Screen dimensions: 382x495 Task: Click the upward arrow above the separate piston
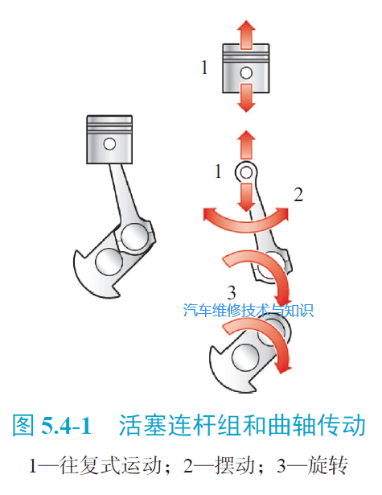tap(246, 35)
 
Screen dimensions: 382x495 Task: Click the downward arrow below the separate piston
tap(246, 98)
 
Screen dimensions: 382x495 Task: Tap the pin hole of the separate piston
tap(246, 73)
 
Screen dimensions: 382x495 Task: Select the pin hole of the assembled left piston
tap(109, 144)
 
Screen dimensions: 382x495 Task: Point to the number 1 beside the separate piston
tap(205, 68)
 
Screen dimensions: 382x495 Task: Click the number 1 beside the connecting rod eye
tap(218, 171)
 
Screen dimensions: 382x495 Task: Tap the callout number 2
tap(298, 194)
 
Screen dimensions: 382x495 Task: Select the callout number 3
tap(232, 293)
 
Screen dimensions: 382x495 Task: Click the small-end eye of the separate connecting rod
tap(246, 172)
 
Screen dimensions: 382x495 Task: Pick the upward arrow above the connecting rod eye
tap(246, 145)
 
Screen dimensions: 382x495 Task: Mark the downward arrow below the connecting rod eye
tap(246, 198)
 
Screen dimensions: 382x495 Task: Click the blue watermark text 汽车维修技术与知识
tap(249, 311)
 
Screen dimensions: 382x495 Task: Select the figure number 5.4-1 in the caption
tap(66, 425)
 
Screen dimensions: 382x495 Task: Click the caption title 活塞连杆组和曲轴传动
tap(242, 425)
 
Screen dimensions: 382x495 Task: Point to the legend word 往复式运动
tap(110, 465)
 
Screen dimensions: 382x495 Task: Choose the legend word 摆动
tap(234, 465)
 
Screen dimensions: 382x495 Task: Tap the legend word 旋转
tap(327, 465)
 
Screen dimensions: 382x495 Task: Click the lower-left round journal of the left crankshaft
tap(109, 262)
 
